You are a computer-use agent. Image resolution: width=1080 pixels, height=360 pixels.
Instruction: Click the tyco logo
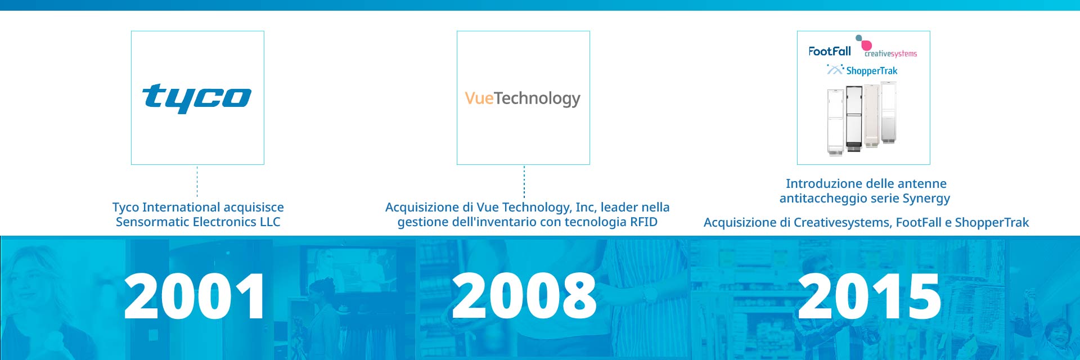pyautogui.click(x=197, y=98)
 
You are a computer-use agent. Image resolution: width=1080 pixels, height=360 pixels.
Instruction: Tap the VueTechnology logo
pyautogui.click(x=523, y=98)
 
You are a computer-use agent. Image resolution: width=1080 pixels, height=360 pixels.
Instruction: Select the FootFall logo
pyautogui.click(x=830, y=51)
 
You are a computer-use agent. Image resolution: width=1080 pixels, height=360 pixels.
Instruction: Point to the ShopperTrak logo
pyautogui.click(x=862, y=70)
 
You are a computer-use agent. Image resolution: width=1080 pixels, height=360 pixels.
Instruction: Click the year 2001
pyautogui.click(x=195, y=296)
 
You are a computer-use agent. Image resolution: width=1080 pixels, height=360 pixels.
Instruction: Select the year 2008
pyautogui.click(x=524, y=296)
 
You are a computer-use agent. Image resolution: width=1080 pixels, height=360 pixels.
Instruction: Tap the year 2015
pyautogui.click(x=870, y=296)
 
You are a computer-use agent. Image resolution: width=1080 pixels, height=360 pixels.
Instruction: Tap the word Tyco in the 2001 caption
pyautogui.click(x=125, y=208)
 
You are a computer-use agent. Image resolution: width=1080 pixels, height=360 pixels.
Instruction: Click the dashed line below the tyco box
pyautogui.click(x=197, y=181)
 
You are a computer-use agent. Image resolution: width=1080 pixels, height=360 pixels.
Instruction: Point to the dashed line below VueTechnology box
pyautogui.click(x=524, y=181)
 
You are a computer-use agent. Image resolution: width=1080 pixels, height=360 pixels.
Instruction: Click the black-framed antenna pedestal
pyautogui.click(x=854, y=118)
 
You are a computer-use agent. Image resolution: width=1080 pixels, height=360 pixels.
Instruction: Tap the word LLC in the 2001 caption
pyautogui.click(x=270, y=222)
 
